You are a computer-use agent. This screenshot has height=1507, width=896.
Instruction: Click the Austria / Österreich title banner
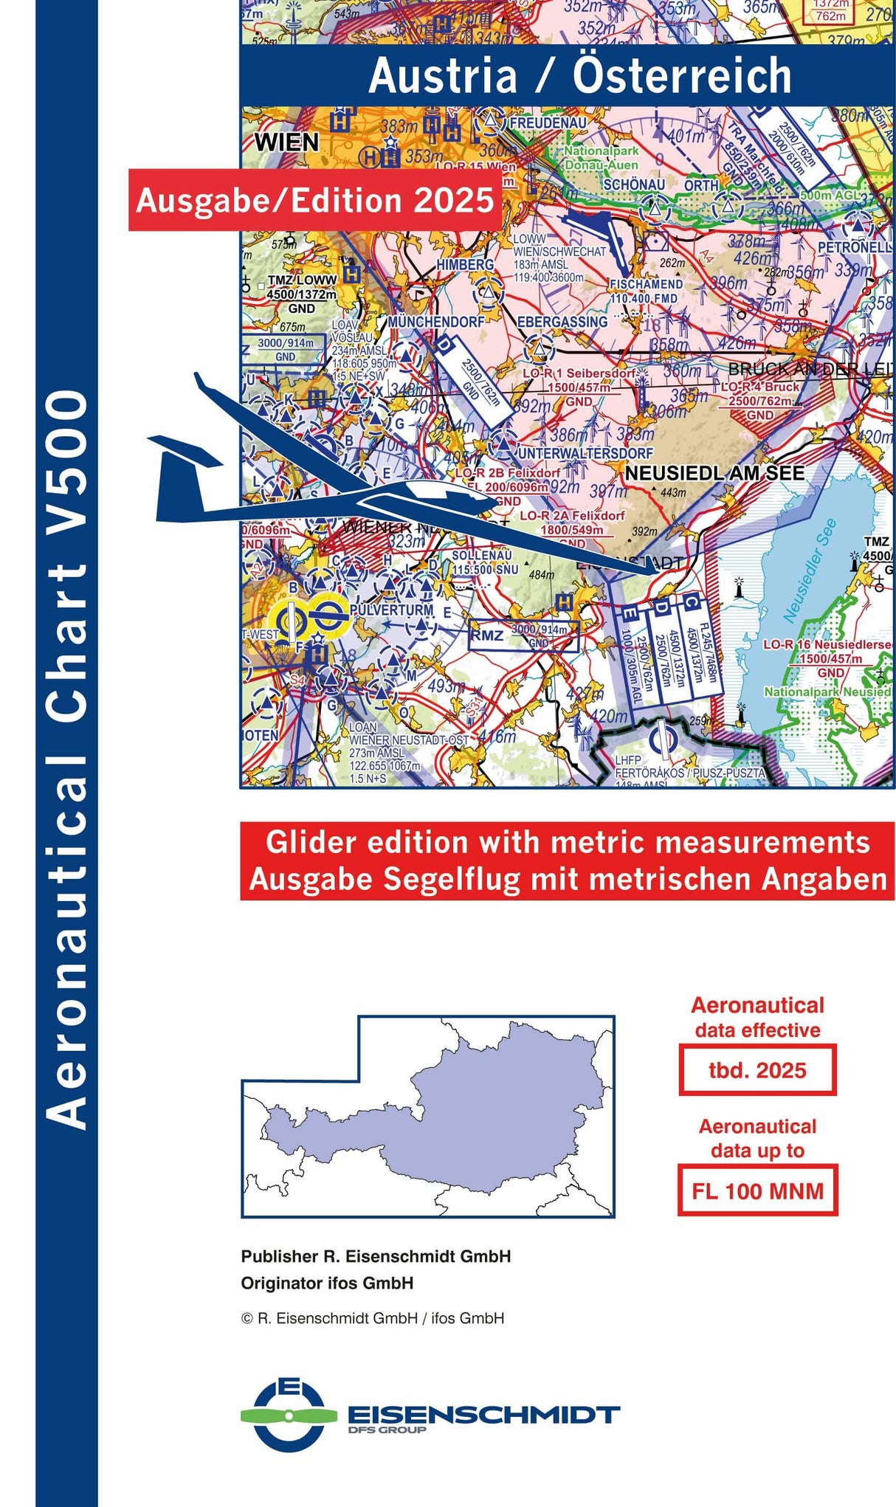(x=579, y=76)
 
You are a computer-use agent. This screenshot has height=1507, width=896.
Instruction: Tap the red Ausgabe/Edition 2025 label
(x=315, y=201)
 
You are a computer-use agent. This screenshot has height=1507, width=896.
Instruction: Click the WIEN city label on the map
(x=286, y=142)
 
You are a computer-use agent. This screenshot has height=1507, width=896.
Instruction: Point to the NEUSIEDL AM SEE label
(x=714, y=473)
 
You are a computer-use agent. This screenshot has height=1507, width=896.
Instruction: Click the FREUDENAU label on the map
(x=548, y=123)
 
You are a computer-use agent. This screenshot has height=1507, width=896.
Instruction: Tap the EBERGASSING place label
(x=562, y=322)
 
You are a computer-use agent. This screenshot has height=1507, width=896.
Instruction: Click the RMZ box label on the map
(x=487, y=635)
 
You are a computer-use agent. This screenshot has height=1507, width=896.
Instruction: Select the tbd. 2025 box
(x=757, y=1070)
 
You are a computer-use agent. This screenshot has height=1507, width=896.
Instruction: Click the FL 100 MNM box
(x=757, y=1190)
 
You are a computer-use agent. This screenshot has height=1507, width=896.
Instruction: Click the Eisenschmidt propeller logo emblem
(x=289, y=1415)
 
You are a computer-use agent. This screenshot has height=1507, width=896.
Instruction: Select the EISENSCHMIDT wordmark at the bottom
(x=483, y=1415)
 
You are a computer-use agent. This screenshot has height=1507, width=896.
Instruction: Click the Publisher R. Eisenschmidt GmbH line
(x=376, y=1257)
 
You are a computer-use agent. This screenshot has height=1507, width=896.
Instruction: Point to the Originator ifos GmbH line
(x=327, y=1283)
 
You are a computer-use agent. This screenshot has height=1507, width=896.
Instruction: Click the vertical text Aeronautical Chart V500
(x=66, y=760)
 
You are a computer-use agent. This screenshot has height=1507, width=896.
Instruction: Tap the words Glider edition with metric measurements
(x=567, y=843)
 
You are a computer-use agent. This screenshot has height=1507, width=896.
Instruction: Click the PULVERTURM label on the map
(x=391, y=610)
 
